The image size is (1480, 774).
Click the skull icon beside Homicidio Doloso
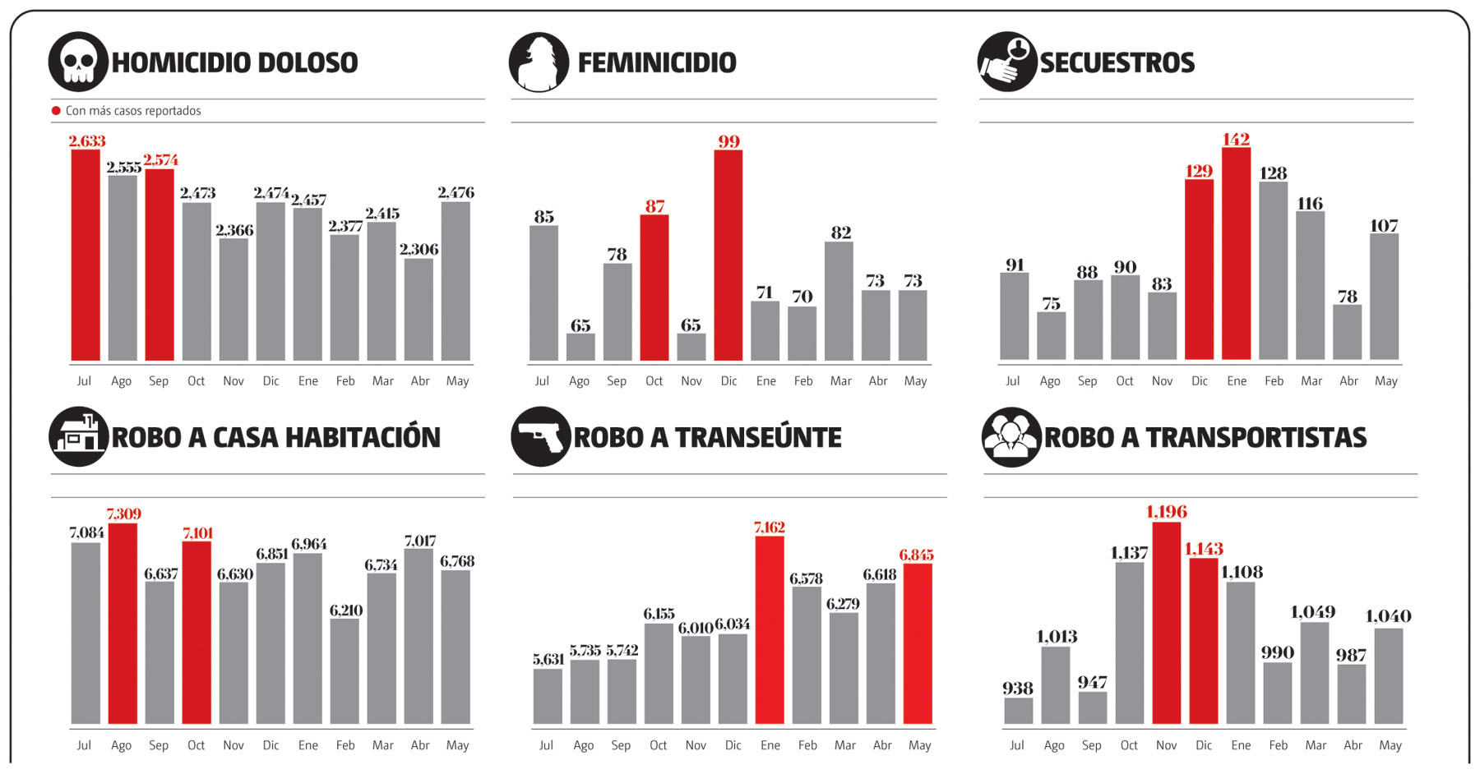coord(78,62)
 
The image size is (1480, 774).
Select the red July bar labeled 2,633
coord(86,255)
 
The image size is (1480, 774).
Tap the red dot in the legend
coord(56,111)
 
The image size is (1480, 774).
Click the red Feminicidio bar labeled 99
coord(728,255)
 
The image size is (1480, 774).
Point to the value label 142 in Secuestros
coord(1236,140)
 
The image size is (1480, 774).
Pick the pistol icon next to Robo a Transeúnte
coord(540,436)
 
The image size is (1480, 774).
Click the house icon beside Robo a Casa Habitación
coord(78,436)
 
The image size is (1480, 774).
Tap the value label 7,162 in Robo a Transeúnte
coord(770,528)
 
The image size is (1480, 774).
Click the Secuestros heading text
coord(1117,62)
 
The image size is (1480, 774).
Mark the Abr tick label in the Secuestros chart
coord(1348,381)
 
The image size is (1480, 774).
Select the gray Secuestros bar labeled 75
coord(1051,335)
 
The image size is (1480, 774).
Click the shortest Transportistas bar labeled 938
coord(1018,711)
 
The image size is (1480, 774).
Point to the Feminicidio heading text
coord(657,62)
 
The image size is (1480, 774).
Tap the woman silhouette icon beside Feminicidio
coord(539,62)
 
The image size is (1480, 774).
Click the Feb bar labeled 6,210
coord(345,670)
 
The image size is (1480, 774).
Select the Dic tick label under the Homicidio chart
coord(271,381)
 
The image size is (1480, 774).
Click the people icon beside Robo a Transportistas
coord(1011,436)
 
